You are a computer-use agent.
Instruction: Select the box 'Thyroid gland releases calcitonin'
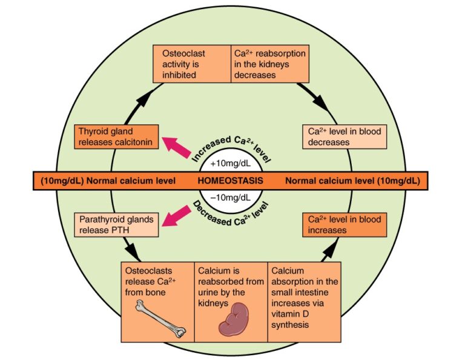coord(116,137)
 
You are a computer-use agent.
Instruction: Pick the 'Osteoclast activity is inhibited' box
coord(191,64)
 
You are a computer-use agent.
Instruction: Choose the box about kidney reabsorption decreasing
coord(269,64)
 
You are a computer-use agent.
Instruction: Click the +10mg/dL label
coord(232,164)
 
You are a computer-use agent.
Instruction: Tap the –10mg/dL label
coord(232,197)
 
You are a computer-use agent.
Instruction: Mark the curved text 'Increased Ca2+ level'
coord(231,141)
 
